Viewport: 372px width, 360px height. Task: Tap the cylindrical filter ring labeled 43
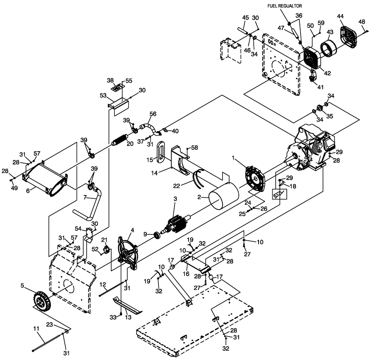click(329, 49)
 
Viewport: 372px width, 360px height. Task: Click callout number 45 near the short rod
click(246, 17)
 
